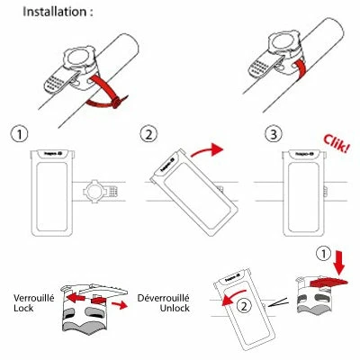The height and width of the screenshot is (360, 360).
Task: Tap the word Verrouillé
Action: (x=34, y=297)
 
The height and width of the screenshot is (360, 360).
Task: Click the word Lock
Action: (x=24, y=309)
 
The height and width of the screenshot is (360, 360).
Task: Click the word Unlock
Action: (x=158, y=309)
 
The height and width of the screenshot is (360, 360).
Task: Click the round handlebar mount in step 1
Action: (x=102, y=193)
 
